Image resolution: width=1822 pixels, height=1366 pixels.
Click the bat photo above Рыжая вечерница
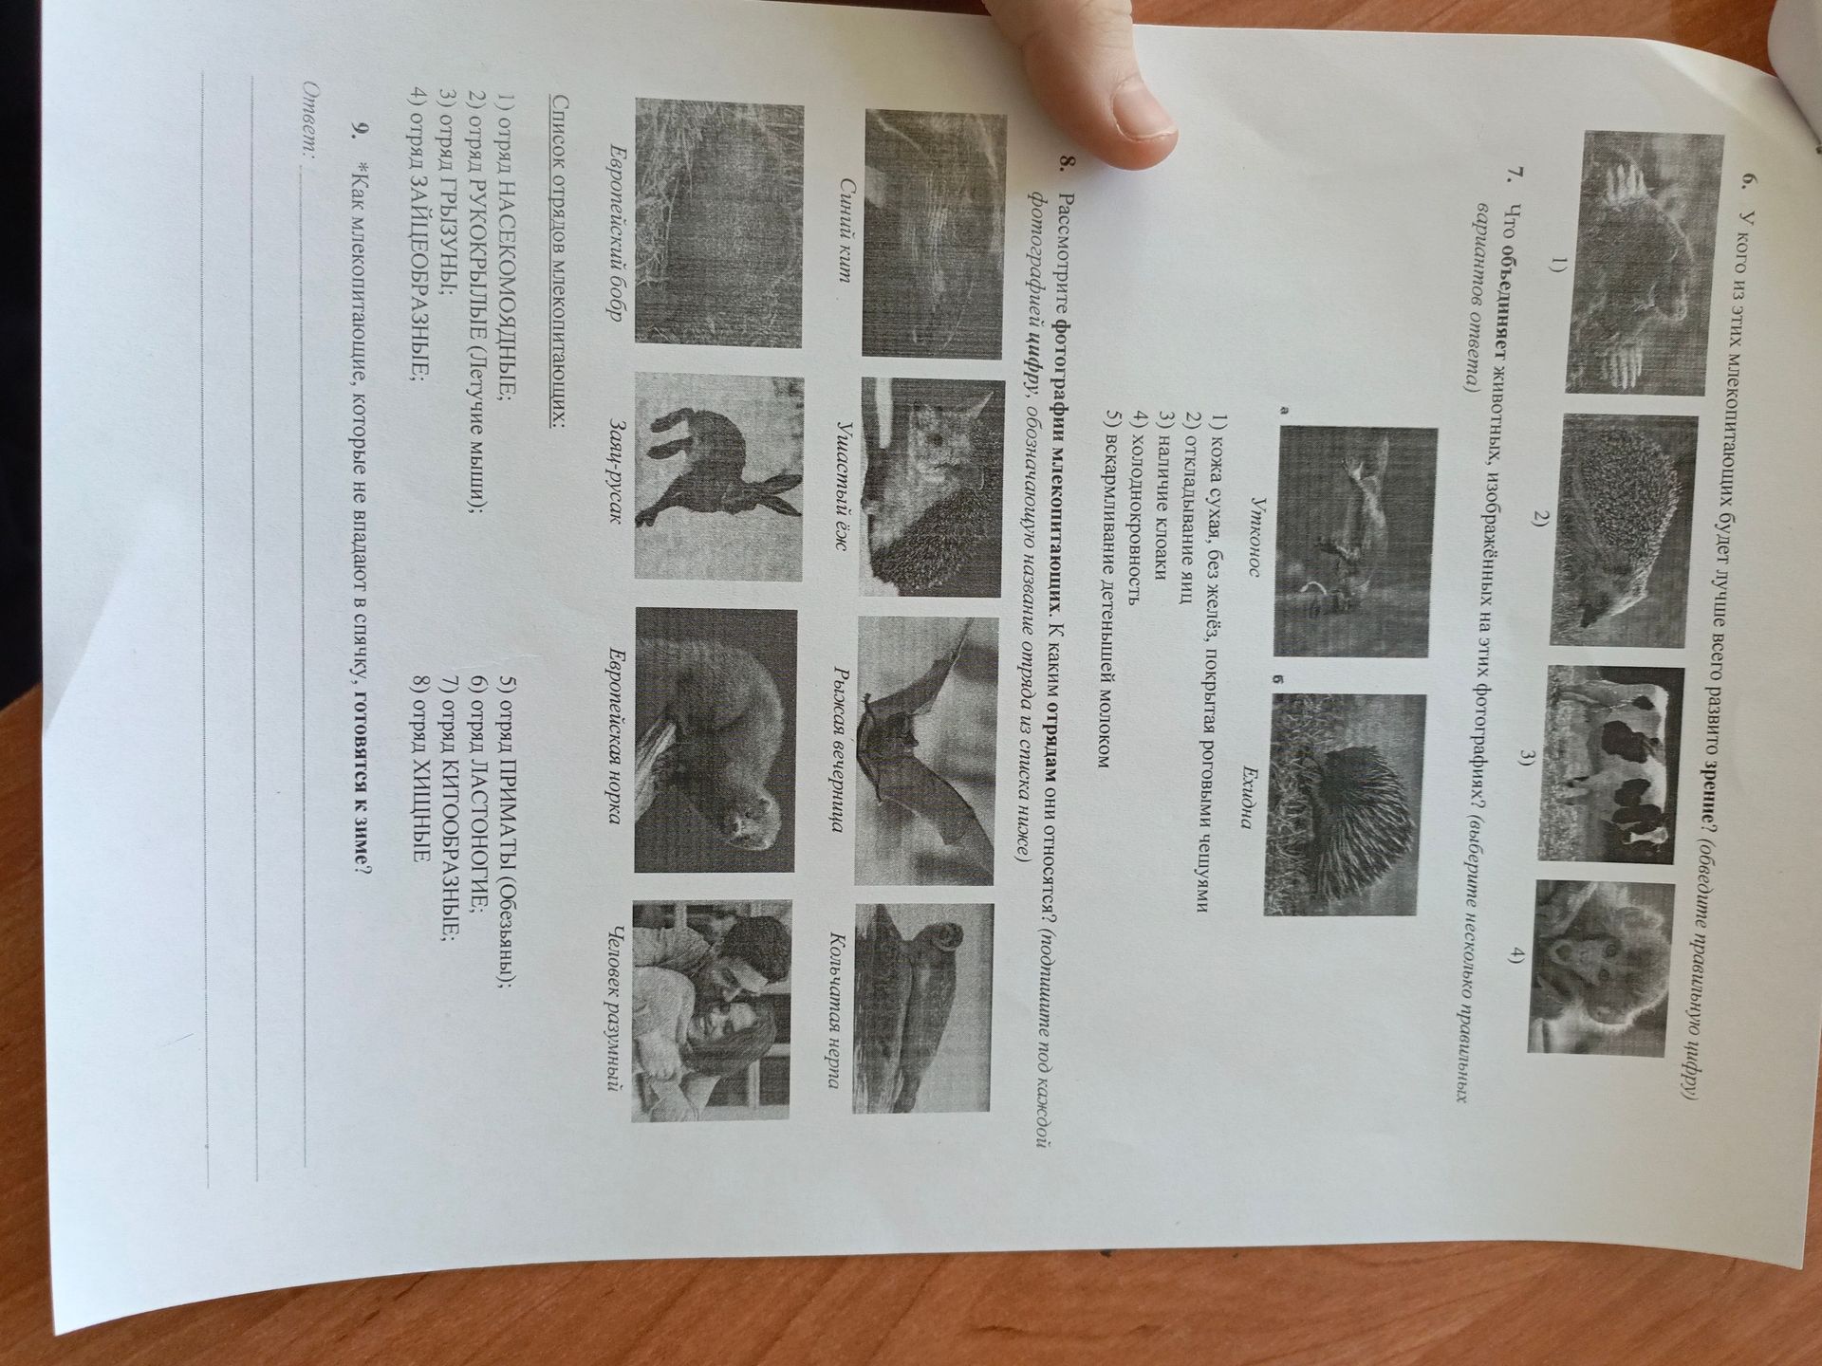pos(924,749)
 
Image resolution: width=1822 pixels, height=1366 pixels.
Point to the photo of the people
pos(711,1011)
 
